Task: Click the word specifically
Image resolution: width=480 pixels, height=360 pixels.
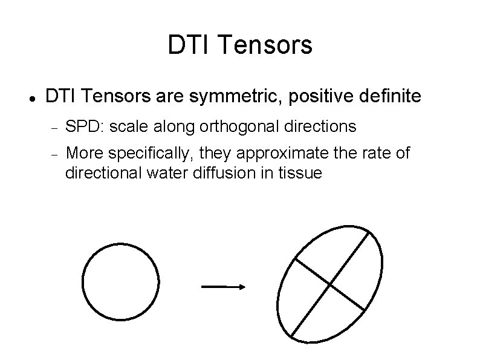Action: click(149, 154)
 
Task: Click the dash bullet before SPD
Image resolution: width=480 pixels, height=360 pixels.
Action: click(53, 128)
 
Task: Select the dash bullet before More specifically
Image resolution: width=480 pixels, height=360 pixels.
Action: click(53, 155)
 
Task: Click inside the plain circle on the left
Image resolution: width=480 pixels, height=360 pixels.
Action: click(120, 282)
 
